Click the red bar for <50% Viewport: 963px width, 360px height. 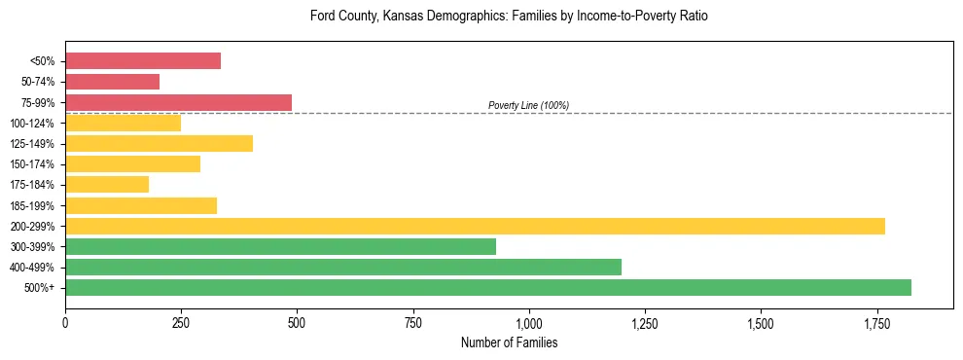(x=143, y=61)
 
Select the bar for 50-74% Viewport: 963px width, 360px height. (x=112, y=82)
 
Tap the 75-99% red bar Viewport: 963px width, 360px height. (x=178, y=102)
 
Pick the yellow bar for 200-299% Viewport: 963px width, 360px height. (x=475, y=227)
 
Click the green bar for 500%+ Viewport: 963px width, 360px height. (x=488, y=288)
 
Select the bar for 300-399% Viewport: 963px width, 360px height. (x=280, y=247)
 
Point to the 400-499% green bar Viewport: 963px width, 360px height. (x=343, y=268)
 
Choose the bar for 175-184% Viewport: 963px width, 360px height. (x=107, y=185)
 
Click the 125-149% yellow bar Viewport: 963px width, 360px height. (x=159, y=144)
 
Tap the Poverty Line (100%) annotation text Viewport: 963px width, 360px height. (x=528, y=105)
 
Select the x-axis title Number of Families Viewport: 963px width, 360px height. (x=509, y=342)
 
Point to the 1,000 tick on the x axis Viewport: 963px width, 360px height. (x=528, y=322)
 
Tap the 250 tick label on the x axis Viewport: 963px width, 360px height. (x=181, y=322)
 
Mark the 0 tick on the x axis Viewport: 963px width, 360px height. (x=65, y=322)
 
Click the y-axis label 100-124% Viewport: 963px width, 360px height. (x=33, y=124)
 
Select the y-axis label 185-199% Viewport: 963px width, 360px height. (x=33, y=206)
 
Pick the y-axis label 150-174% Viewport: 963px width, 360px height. (x=33, y=164)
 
